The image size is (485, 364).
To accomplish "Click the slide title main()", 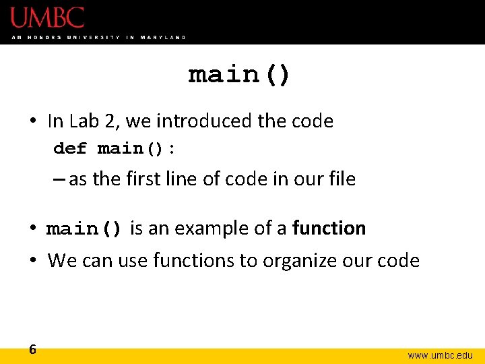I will click(239, 73).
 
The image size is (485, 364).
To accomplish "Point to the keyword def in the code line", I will click(69, 148).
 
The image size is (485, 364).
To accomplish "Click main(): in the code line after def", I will click(137, 148).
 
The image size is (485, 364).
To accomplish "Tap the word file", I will click(342, 179).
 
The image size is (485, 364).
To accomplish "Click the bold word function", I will click(329, 229).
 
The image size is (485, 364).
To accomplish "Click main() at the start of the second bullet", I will click(84, 229).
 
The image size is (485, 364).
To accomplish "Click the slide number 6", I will click(32, 349).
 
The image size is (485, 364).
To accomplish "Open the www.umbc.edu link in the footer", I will click(441, 355).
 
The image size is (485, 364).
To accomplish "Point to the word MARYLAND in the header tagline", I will click(163, 37).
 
